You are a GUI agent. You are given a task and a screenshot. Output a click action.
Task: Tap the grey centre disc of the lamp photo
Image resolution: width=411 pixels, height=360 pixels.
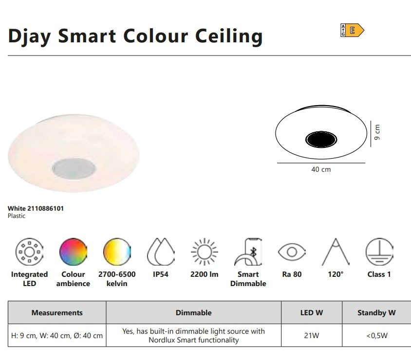(74, 168)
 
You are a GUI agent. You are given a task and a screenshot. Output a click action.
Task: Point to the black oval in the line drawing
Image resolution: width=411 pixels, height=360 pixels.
(321, 139)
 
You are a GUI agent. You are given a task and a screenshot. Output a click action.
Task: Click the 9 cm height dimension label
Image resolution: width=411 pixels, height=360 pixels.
(376, 132)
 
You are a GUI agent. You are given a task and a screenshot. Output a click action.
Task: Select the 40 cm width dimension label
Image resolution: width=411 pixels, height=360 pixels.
(321, 169)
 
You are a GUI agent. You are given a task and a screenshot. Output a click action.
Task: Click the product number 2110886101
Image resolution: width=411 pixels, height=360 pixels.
(46, 208)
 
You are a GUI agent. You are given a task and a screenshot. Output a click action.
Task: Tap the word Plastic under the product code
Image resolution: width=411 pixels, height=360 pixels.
(17, 216)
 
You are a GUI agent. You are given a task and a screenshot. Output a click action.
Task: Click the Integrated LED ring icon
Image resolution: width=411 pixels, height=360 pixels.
(29, 252)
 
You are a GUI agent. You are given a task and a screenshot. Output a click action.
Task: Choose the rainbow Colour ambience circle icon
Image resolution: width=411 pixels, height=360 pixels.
(73, 252)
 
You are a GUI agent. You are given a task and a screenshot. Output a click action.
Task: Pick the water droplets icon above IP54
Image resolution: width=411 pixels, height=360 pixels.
(161, 252)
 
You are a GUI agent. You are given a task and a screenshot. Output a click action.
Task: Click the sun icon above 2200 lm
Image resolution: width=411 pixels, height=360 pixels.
(205, 252)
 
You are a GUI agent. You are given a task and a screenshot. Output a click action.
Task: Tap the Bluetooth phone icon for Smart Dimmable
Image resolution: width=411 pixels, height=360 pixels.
(248, 252)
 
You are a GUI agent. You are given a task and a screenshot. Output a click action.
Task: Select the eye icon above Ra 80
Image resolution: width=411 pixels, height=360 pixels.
(292, 252)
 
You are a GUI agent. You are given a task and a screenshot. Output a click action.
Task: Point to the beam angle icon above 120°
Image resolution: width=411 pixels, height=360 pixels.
(336, 252)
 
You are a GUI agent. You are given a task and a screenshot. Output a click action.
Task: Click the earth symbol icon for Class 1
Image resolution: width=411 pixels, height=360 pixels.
(379, 252)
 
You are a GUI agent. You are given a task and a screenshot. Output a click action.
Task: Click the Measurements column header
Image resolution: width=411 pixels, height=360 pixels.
(57, 313)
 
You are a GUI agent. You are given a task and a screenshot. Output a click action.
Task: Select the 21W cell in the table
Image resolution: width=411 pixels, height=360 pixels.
(311, 335)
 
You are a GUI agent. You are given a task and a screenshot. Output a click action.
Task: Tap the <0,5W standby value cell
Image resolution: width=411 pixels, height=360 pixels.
(376, 335)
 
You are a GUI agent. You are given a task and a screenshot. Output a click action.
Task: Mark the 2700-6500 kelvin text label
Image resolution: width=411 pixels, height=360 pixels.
(117, 279)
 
